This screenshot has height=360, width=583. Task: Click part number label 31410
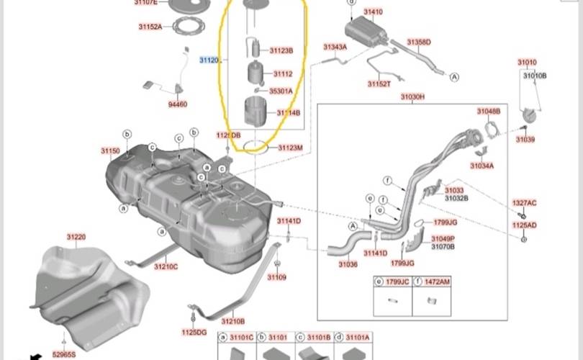point(373,12)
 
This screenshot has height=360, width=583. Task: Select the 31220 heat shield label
point(76,237)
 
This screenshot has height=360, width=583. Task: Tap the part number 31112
point(282,73)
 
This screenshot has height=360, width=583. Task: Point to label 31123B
point(281,51)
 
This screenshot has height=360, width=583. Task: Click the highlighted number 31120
point(209,60)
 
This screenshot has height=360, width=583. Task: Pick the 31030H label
point(412,96)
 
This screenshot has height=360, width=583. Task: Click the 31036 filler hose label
point(348,265)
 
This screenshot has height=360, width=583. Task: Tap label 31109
point(277,277)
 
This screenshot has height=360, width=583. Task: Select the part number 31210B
point(232,321)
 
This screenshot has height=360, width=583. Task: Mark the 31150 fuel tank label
point(110,150)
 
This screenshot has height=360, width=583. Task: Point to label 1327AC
point(524,203)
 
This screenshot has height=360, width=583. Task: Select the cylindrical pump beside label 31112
point(257,74)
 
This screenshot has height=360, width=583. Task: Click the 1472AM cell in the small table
point(436,282)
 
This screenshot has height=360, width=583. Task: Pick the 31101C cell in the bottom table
point(240,337)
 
